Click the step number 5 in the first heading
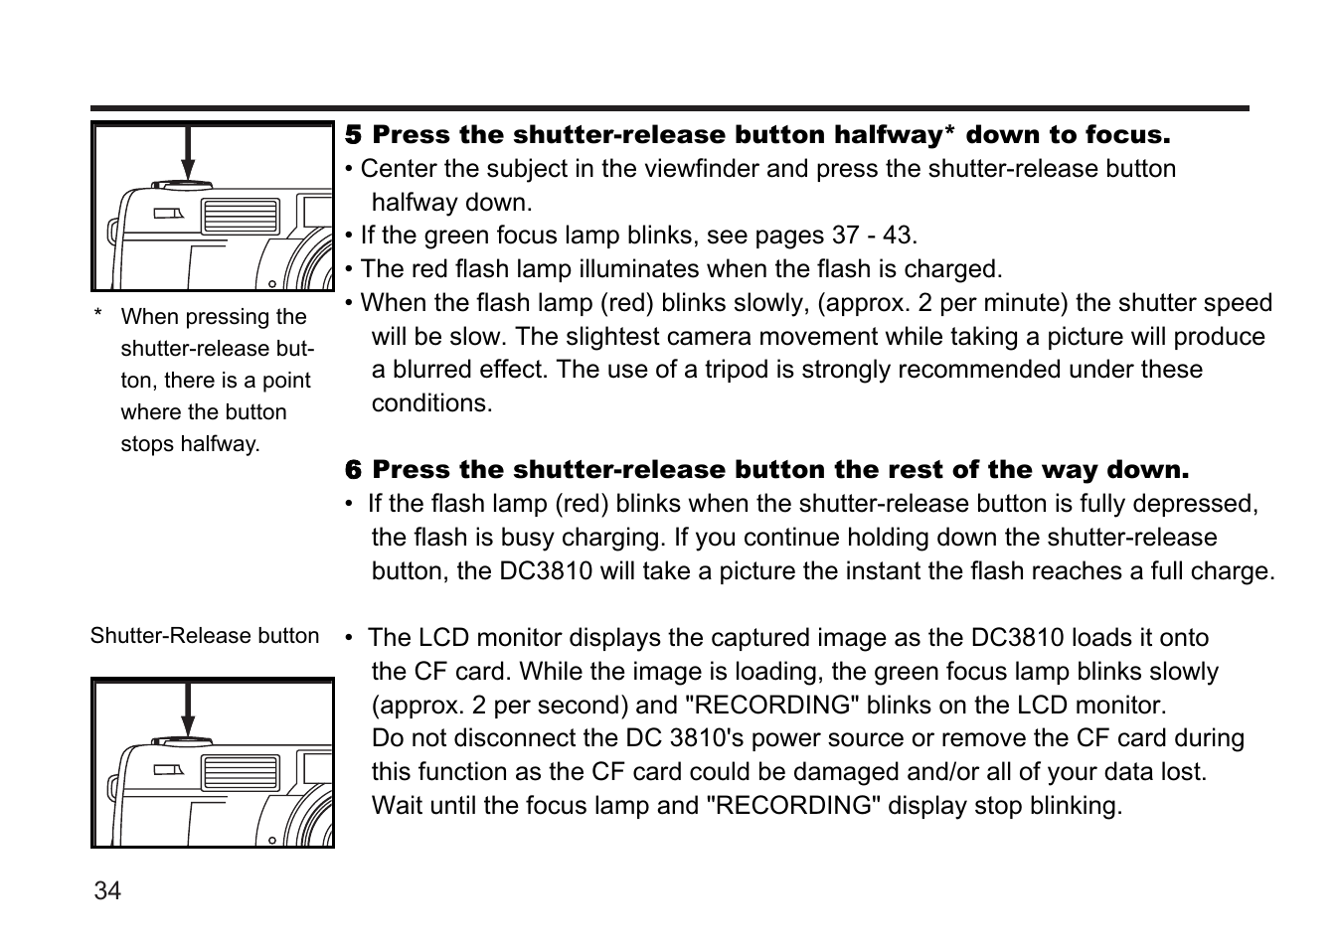coord(354,135)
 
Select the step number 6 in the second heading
coord(354,470)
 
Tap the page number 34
coord(107,891)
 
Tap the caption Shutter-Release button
coord(205,636)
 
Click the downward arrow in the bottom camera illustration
coord(188,711)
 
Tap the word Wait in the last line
coord(398,806)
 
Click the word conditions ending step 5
coord(431,403)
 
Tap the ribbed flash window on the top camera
coord(241,216)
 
